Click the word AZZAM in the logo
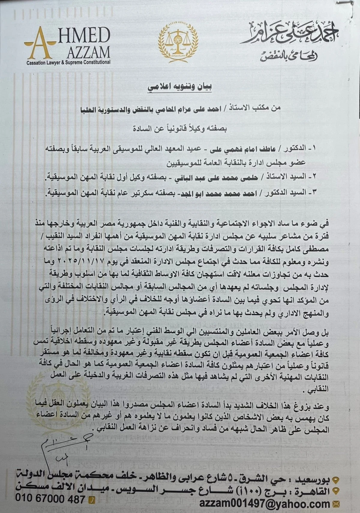coord(88,53)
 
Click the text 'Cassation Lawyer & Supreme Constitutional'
coord(68,63)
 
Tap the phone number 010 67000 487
coord(50,499)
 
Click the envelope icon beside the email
coord(335,504)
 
